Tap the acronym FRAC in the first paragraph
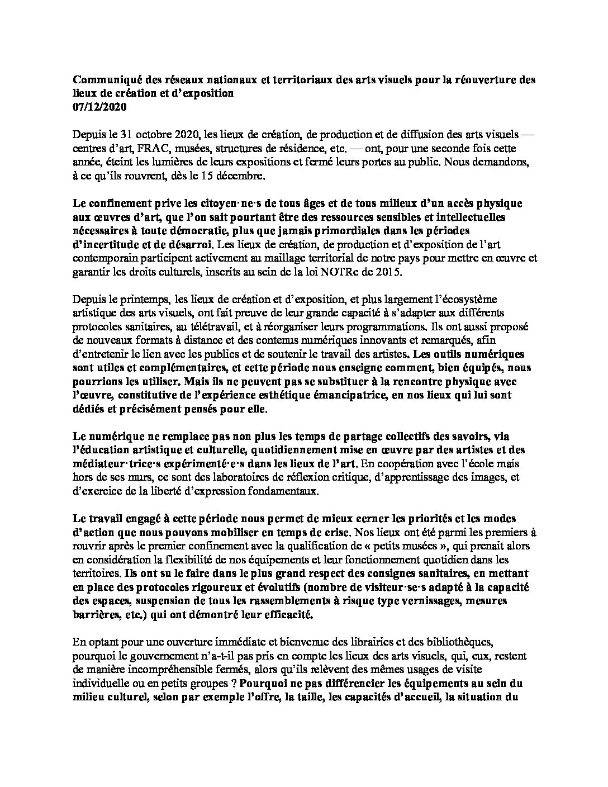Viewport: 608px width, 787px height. click(x=177, y=149)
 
